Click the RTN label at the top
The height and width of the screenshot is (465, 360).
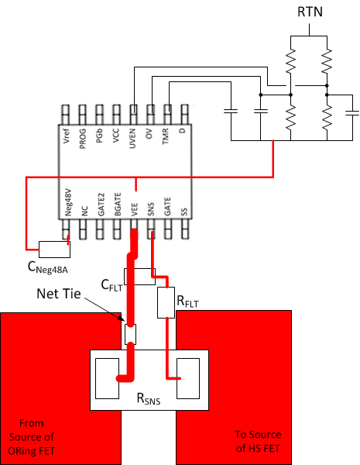[x=309, y=12]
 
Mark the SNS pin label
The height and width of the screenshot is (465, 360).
[x=150, y=205]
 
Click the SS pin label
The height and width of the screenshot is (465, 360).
[x=183, y=209]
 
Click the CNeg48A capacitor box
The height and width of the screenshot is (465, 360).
[x=54, y=249]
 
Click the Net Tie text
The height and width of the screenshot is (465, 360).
[x=60, y=294]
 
